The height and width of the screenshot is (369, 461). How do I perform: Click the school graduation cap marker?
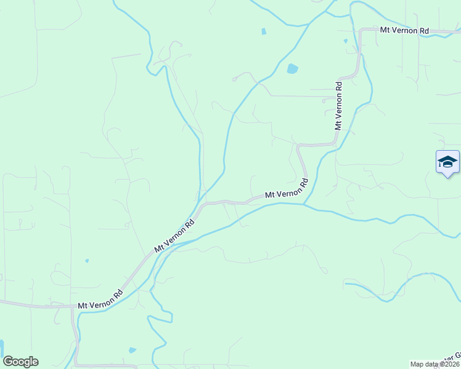point(447,162)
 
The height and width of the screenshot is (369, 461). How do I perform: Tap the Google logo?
point(20,362)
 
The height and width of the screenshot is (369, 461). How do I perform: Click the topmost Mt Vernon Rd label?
point(404,30)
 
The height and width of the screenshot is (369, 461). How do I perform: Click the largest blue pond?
point(292,68)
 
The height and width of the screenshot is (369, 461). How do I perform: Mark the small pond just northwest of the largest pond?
point(264,31)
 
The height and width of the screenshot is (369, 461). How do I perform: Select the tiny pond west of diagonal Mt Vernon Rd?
point(87,260)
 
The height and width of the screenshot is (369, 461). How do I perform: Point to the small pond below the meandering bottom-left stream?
point(133,350)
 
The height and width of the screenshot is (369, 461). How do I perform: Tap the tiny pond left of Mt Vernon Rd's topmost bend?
point(346,41)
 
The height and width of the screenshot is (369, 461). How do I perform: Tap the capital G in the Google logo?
point(9,362)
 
